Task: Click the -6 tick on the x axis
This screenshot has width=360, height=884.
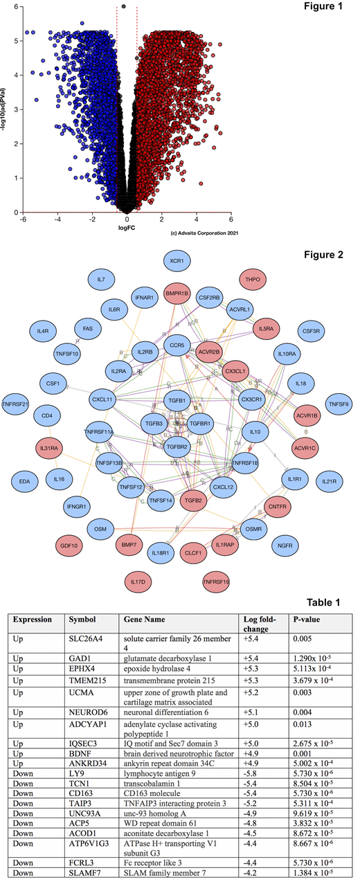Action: (x=23, y=219)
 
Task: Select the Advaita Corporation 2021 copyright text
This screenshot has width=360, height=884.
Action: (x=199, y=233)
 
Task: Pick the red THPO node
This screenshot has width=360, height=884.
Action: (x=250, y=280)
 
